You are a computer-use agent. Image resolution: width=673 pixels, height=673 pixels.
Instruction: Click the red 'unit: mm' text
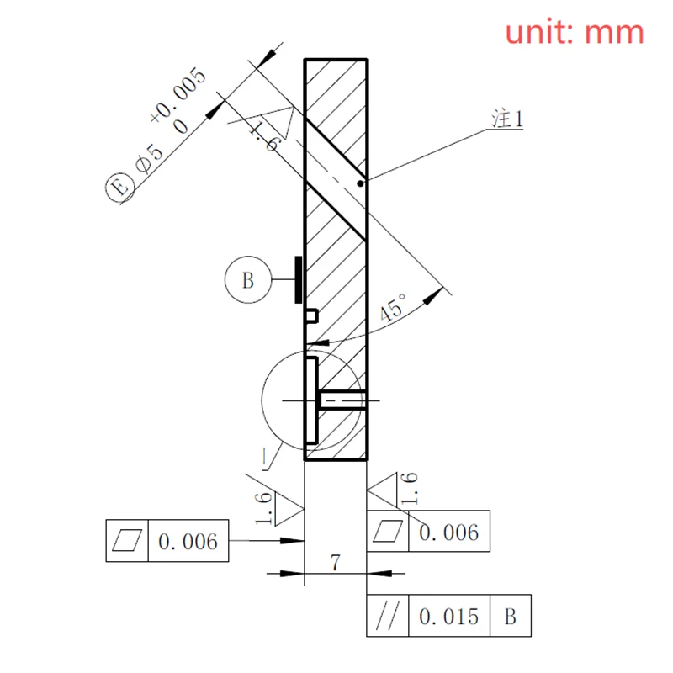tap(575, 32)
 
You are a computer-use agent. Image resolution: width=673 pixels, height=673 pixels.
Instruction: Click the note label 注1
tap(507, 119)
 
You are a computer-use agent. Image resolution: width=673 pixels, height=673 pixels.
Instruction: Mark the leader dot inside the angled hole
tap(360, 183)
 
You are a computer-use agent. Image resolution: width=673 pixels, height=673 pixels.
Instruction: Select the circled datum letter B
tap(247, 280)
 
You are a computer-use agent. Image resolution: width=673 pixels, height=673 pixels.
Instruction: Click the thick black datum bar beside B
tap(296, 280)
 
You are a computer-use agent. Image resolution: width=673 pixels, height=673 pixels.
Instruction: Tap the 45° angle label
tap(394, 308)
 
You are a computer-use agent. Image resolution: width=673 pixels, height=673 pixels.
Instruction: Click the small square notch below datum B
tap(310, 315)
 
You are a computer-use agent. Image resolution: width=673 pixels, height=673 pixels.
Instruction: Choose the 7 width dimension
tap(335, 563)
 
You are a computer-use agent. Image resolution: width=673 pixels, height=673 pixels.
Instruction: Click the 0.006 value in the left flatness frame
tap(188, 541)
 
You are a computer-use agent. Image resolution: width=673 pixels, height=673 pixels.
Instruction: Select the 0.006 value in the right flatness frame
tap(448, 532)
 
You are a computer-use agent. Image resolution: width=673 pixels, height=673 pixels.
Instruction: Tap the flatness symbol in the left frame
tap(128, 541)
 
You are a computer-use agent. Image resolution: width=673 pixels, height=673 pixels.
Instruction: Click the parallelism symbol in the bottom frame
tap(388, 617)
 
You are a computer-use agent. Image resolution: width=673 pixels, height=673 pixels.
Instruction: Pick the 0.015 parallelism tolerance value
tap(448, 617)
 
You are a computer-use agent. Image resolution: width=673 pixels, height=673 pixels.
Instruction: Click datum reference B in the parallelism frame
tap(511, 617)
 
